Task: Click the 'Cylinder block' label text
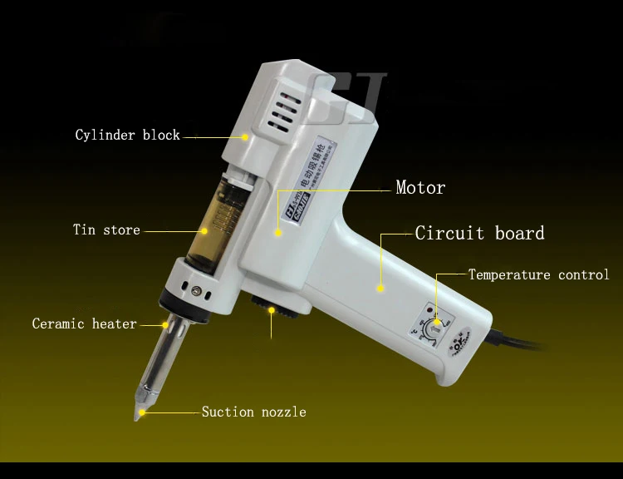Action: coord(127,135)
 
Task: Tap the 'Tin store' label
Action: coord(106,230)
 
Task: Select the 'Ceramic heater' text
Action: coord(84,323)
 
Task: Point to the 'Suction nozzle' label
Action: coord(253,412)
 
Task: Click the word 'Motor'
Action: coord(419,188)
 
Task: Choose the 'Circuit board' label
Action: coord(479,233)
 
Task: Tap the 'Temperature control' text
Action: coord(538,274)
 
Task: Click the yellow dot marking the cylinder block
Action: coord(246,136)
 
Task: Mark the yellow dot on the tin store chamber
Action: coord(203,230)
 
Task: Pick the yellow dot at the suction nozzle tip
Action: coord(142,412)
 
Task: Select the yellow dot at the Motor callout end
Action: coord(279,234)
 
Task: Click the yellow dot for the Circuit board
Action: coord(380,289)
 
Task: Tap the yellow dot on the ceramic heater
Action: coord(167,324)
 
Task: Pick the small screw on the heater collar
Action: coord(196,290)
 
